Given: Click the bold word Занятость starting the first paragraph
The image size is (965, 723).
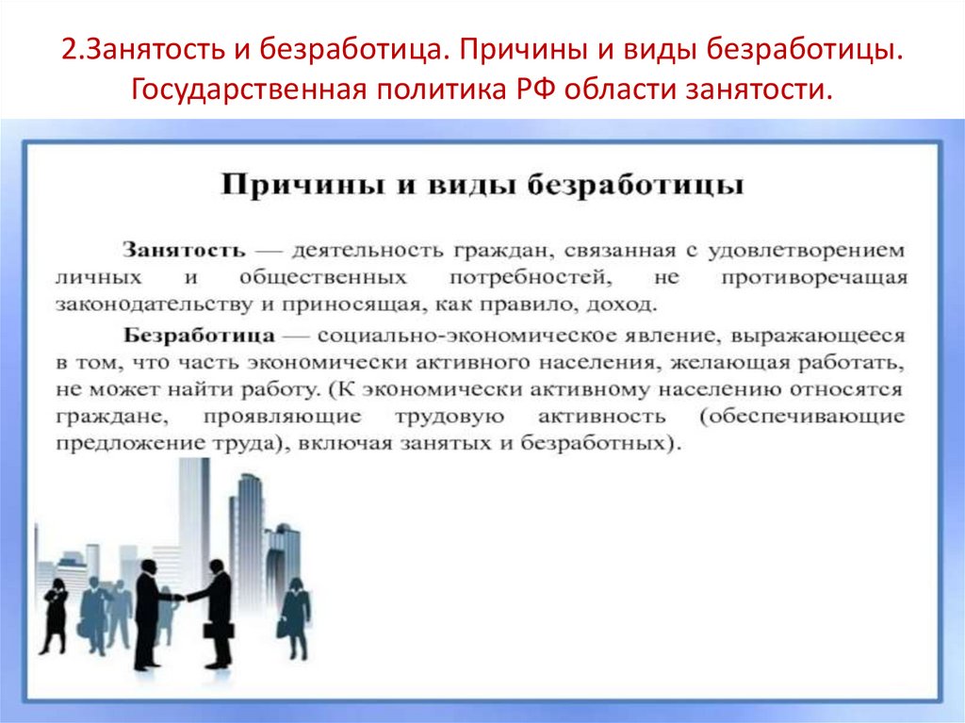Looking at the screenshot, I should pyautogui.click(x=183, y=252).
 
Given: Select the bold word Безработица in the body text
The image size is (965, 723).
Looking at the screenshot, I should pyautogui.click(x=199, y=336).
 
